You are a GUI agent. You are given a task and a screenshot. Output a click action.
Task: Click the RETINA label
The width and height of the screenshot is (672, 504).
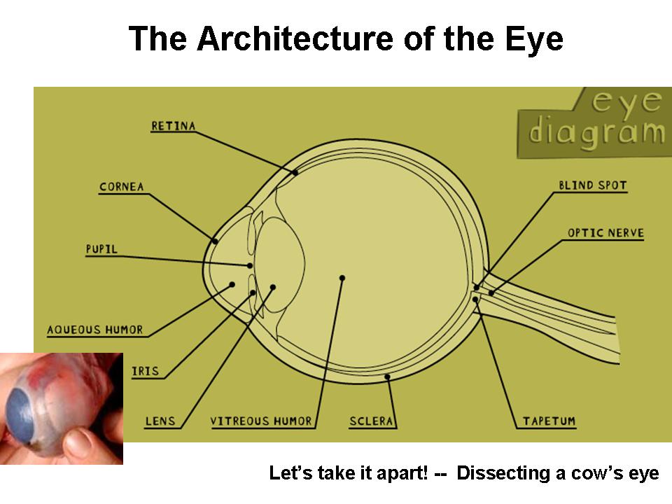pyautogui.click(x=173, y=126)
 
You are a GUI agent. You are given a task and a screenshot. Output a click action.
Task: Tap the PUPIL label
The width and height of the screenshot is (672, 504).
pyautogui.click(x=101, y=248)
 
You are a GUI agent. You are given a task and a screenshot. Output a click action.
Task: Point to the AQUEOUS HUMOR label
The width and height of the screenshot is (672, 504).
pyautogui.click(x=95, y=330)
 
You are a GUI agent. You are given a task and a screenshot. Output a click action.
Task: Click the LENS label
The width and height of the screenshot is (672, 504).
pyautogui.click(x=160, y=421)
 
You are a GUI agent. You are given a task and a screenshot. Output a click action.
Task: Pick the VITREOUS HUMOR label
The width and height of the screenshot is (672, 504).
pyautogui.click(x=260, y=421)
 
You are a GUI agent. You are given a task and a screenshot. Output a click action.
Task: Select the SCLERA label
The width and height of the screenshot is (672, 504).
pyautogui.click(x=372, y=421)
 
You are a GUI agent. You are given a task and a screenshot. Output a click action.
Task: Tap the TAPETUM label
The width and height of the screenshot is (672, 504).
pyautogui.click(x=549, y=421)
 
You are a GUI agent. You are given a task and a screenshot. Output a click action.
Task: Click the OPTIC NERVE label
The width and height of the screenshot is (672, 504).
pyautogui.click(x=605, y=233)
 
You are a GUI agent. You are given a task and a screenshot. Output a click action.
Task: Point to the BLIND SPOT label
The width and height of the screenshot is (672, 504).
pyautogui.click(x=592, y=186)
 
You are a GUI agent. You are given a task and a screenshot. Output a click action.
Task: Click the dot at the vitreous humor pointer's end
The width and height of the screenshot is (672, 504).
pyautogui.click(x=342, y=278)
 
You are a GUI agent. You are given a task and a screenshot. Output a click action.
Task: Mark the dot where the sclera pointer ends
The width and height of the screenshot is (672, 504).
pyautogui.click(x=388, y=377)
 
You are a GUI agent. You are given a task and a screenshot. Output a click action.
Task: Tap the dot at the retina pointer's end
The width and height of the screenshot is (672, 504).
pyautogui.click(x=295, y=172)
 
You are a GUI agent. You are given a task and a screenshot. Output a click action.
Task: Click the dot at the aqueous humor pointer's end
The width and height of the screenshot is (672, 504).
pyautogui.click(x=232, y=284)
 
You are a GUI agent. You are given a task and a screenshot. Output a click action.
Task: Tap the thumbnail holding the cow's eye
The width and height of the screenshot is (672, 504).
pyautogui.click(x=62, y=408)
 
